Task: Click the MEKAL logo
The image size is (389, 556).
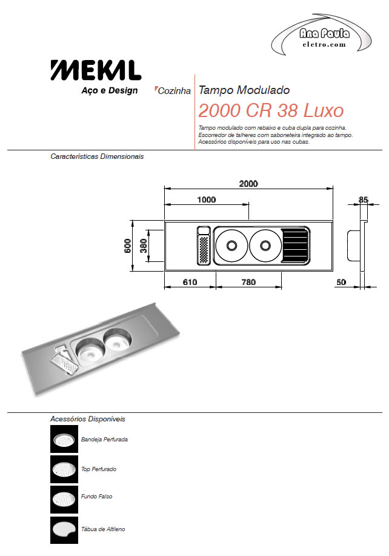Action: (x=96, y=70)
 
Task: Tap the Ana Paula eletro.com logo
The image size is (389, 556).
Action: (x=321, y=35)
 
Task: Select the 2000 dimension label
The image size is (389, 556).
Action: (x=248, y=183)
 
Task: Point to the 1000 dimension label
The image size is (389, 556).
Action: (x=206, y=199)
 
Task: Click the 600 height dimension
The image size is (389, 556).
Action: (x=127, y=246)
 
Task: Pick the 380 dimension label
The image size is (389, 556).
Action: (x=143, y=246)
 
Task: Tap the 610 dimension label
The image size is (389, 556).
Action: (x=190, y=282)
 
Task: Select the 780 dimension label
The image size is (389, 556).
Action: (x=248, y=282)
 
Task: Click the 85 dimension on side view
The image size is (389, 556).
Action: (x=364, y=199)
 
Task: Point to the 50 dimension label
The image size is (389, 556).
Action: (x=341, y=282)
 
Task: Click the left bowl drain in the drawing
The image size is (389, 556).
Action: (x=231, y=245)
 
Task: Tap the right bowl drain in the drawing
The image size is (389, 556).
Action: (x=265, y=245)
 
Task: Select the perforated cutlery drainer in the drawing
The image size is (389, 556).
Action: (x=204, y=250)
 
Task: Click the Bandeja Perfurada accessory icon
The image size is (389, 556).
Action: (x=64, y=439)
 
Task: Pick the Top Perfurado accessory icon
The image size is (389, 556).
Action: (x=64, y=469)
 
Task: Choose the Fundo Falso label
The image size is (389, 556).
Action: (x=96, y=497)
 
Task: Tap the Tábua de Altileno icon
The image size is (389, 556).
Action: (x=64, y=530)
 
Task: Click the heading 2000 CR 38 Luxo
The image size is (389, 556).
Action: (x=271, y=110)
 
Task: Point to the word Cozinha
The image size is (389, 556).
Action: (x=174, y=91)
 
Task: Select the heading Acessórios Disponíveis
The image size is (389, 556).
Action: (x=88, y=419)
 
